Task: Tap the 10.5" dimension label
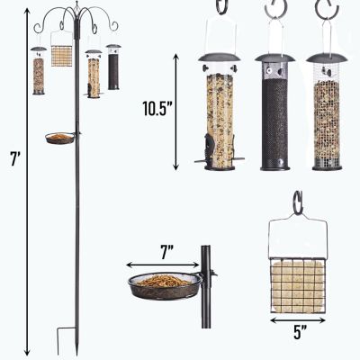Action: (x=157, y=110)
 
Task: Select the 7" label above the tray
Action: (x=164, y=253)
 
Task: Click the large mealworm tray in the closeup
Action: (x=164, y=285)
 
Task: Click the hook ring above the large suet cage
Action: (x=297, y=199)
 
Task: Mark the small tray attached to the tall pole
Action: (x=59, y=139)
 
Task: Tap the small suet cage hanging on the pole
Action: (x=61, y=57)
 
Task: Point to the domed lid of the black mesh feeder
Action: (x=274, y=58)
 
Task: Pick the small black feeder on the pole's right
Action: (x=113, y=69)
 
